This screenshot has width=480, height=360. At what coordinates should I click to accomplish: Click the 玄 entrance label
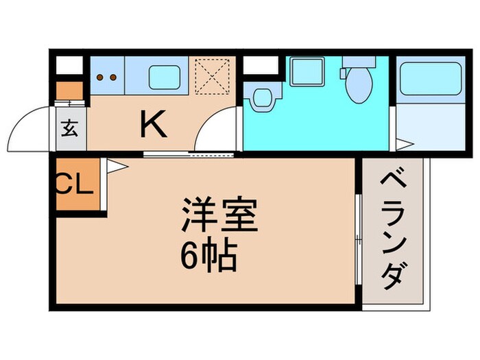point(69,128)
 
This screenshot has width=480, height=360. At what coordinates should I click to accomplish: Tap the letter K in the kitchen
point(154,124)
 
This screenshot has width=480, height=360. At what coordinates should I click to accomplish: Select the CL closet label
point(73,184)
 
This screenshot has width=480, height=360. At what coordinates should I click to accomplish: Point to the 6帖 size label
point(209,258)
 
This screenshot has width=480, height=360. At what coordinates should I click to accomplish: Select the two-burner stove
point(107,77)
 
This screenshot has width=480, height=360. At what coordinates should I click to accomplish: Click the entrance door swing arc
point(31,130)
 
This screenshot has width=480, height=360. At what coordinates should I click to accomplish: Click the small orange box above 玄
point(68,91)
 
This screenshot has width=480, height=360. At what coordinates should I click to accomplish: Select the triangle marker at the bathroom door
point(405,145)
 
